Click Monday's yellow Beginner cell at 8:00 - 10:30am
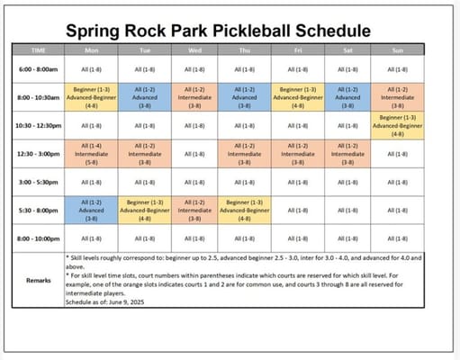tap(92, 96)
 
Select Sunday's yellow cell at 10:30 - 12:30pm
tap(396, 125)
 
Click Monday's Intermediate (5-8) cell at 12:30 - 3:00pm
tap(92, 153)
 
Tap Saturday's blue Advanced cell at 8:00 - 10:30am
tap(345, 96)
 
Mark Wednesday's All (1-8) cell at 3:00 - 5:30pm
tap(194, 181)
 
